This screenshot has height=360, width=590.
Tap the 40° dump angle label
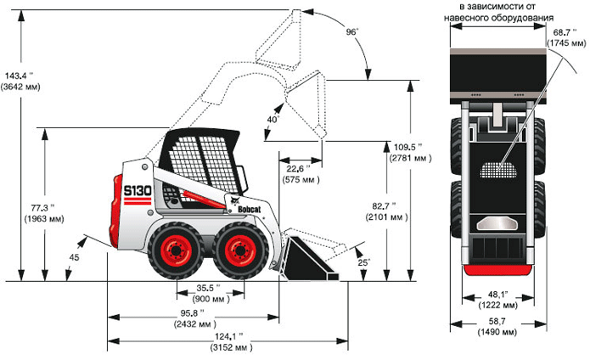(x=272, y=120)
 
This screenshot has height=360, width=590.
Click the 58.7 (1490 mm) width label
(x=497, y=326)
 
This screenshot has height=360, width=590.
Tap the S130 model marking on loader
(x=138, y=191)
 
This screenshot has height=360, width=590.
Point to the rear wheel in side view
(x=176, y=250)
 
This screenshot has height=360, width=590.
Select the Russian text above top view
(x=497, y=13)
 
